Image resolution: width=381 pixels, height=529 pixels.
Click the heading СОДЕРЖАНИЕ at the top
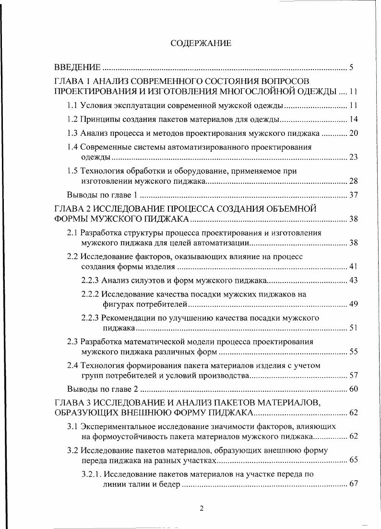tap(201, 44)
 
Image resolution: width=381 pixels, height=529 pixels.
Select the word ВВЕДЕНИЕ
tap(77, 67)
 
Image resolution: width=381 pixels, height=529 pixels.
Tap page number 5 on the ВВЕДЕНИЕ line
tap(351, 67)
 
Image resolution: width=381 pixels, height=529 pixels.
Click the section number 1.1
tap(72, 105)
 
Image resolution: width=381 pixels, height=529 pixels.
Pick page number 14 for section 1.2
tap(354, 119)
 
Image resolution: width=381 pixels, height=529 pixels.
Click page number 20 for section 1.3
tap(354, 133)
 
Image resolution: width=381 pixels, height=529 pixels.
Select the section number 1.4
tap(72, 147)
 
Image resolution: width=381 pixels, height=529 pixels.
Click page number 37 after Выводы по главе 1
tap(354, 195)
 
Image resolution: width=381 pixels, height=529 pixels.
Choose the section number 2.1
tap(72, 233)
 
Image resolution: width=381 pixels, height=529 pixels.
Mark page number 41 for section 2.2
tap(354, 266)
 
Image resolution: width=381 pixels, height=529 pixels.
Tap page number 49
tap(354, 304)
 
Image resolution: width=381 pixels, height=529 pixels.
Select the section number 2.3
tap(72, 342)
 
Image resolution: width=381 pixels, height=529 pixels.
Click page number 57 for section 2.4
tap(354, 375)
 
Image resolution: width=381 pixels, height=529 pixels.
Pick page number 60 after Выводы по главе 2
tap(354, 389)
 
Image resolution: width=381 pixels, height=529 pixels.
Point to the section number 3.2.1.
tap(91, 474)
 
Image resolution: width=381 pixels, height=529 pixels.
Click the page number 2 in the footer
tap(202, 509)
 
